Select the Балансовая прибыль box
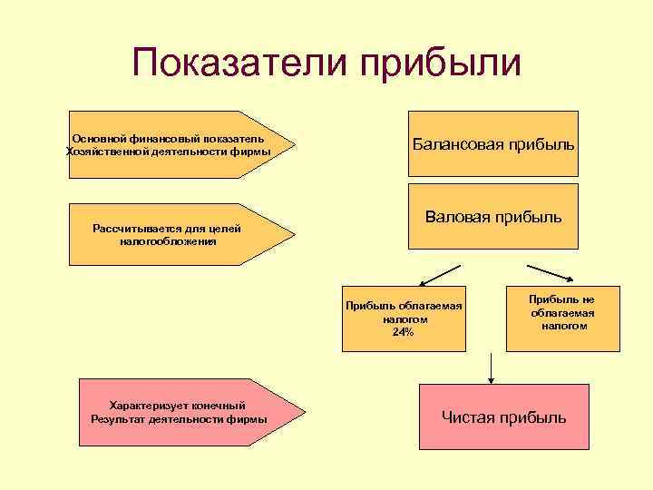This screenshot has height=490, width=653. pos(493,144)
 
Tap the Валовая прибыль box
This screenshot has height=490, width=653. pos(493,217)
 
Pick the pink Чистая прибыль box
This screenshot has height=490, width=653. pos(503,417)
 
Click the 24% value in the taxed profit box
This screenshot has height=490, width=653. pos(403,332)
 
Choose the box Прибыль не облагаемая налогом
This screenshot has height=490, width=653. pos(562,312)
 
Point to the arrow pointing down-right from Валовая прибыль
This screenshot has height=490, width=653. pos(550,274)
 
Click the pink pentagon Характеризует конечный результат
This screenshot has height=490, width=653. pos(181,412)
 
